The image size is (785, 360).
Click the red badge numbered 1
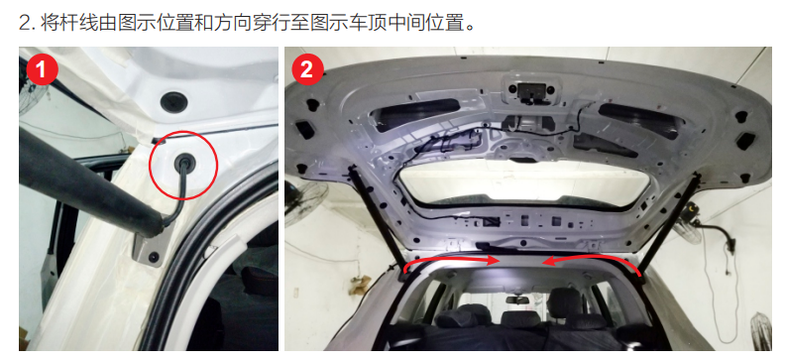(x=42, y=69)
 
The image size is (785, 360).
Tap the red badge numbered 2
(x=306, y=69)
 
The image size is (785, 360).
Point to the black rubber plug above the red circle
(x=174, y=102)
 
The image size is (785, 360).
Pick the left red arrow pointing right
(x=451, y=262)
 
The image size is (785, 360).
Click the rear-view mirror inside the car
(x=518, y=300)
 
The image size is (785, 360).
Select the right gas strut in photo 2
(x=668, y=221)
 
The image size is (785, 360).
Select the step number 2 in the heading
(x=25, y=23)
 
